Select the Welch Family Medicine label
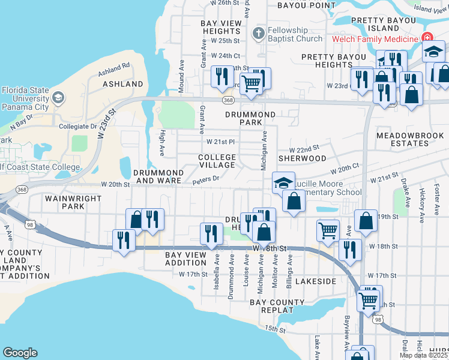376,40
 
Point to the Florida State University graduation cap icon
58,97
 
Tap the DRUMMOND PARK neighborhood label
250,118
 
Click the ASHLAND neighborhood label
123,84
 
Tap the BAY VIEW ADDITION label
186,259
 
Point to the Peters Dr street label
206,179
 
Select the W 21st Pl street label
220,142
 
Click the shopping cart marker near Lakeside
328,229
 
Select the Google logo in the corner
20,353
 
